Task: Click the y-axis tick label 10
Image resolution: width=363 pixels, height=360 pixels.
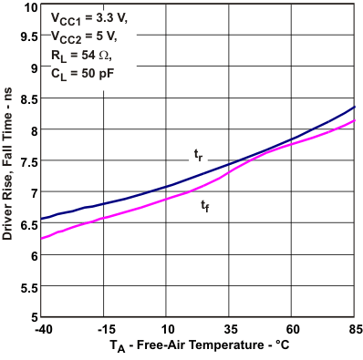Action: (x=30, y=7)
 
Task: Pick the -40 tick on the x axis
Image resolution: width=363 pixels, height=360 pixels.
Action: (x=42, y=328)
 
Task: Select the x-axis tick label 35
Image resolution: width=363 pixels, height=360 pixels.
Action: (x=231, y=328)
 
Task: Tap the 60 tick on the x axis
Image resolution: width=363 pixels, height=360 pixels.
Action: (x=293, y=328)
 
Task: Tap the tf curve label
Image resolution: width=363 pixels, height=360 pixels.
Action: (x=205, y=206)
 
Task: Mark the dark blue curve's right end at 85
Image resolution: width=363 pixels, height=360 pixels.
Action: (x=355, y=108)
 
